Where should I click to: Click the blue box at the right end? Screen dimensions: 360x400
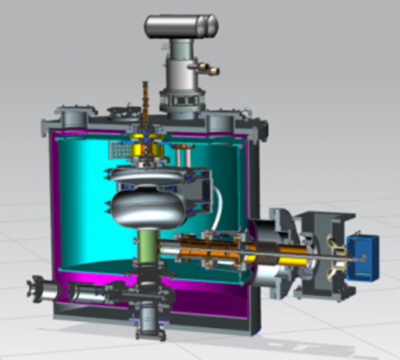pos(362,258)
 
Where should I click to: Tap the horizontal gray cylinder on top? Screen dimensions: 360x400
pos(181,26)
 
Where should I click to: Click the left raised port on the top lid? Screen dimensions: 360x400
pos(73,118)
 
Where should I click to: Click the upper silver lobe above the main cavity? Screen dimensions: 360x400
pos(147,175)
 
